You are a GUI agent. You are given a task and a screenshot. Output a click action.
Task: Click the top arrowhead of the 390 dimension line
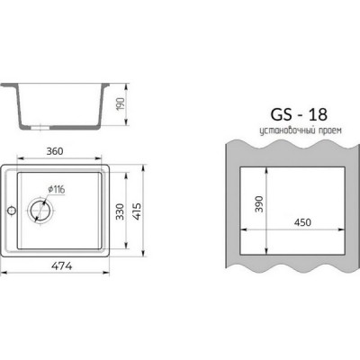click(x=269, y=169)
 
